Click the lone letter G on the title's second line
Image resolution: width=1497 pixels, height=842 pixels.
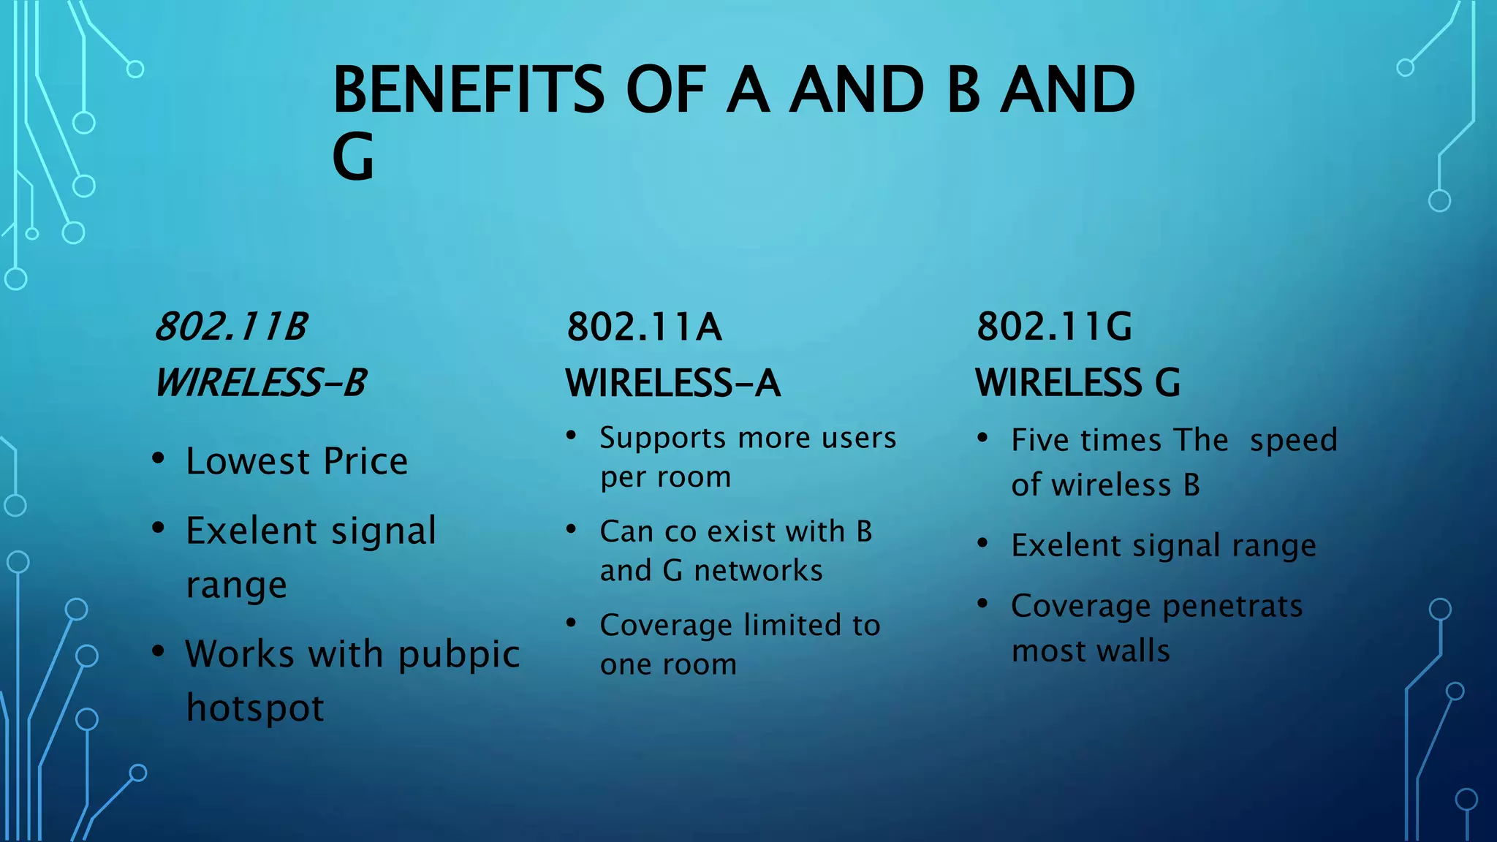pyautogui.click(x=353, y=157)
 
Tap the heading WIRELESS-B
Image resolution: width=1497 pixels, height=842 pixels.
pyautogui.click(x=260, y=382)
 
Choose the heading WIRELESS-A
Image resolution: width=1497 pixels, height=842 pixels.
pyautogui.click(x=672, y=382)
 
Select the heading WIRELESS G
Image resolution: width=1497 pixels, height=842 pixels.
pyautogui.click(x=1077, y=382)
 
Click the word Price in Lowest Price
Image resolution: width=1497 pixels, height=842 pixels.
pyautogui.click(x=365, y=461)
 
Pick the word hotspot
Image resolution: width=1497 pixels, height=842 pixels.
pyautogui.click(x=255, y=708)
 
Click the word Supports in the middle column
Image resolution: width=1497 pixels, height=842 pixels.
pyautogui.click(x=663, y=439)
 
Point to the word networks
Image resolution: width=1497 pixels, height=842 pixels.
pyautogui.click(x=758, y=570)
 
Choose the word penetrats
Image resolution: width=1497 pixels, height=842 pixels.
pyautogui.click(x=1232, y=607)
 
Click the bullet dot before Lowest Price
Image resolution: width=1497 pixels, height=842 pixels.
pyautogui.click(x=158, y=459)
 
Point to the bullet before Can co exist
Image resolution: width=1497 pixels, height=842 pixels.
pyautogui.click(x=572, y=528)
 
